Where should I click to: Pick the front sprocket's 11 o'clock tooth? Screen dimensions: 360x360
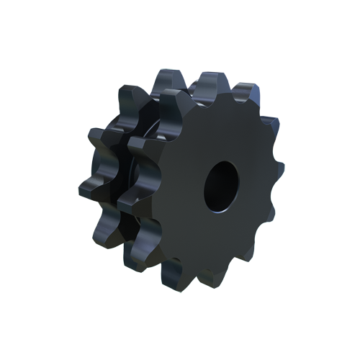tap(170, 97)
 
